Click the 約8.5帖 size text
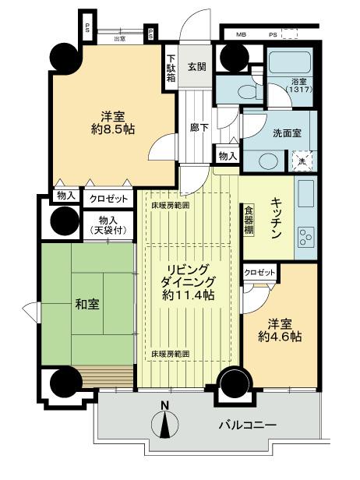[111, 128]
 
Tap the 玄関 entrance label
[196, 66]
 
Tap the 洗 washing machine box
[304, 161]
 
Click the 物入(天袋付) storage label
[99, 225]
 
